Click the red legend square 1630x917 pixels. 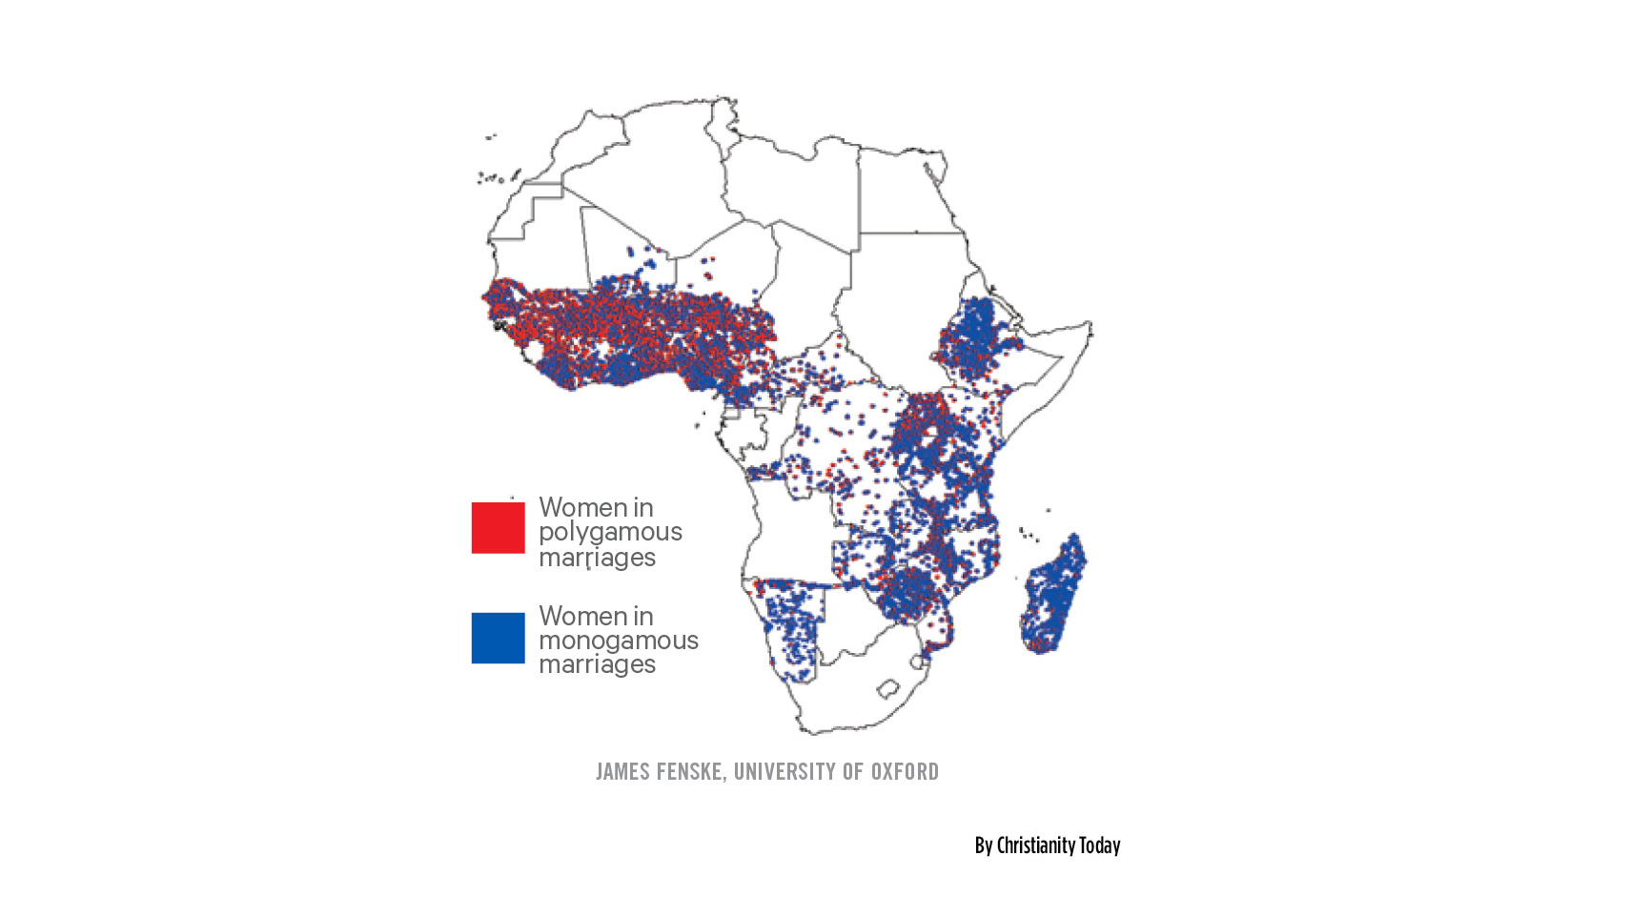point(498,528)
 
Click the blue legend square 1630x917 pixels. point(498,638)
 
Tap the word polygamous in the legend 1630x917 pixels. point(610,532)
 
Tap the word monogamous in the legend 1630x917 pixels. point(618,641)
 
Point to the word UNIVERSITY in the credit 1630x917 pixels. point(784,771)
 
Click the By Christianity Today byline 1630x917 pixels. point(1047,846)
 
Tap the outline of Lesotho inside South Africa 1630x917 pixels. point(888,688)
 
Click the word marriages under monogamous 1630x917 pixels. point(597,664)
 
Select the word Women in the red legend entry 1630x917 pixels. point(570,507)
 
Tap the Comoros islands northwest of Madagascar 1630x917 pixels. point(1028,534)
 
